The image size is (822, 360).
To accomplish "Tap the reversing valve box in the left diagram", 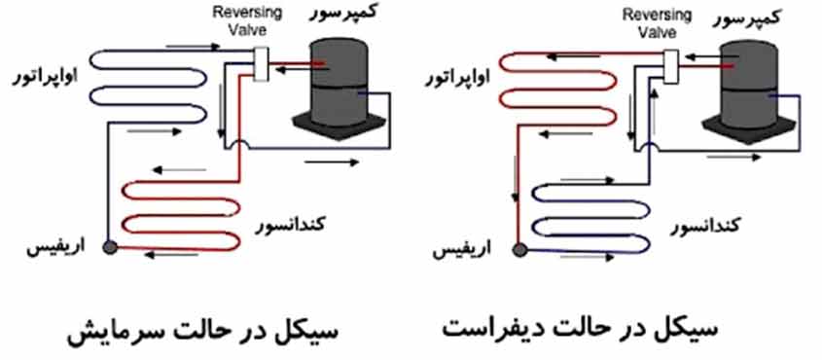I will (x=260, y=63).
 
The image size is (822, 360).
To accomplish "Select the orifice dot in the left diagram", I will (x=110, y=247).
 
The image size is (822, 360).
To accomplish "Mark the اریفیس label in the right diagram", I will (x=470, y=251).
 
